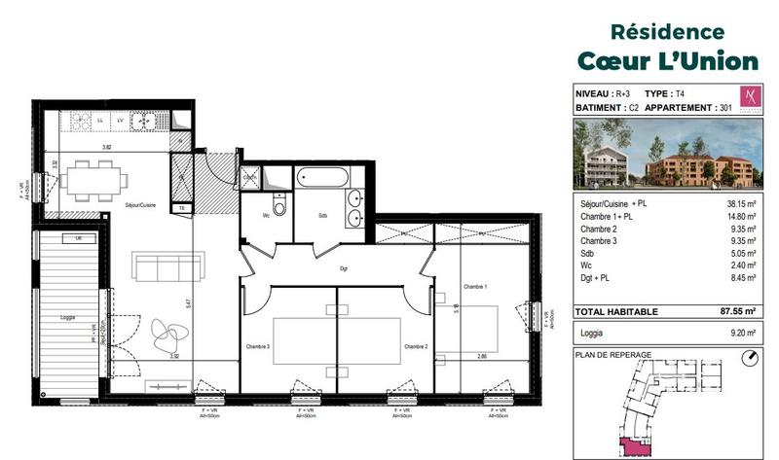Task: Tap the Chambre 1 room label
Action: point(474,285)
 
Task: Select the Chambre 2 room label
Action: point(417,347)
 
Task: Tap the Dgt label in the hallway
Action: point(344,269)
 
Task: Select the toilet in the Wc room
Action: point(279,207)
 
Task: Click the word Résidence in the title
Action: point(666,32)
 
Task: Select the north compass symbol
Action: point(747,357)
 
